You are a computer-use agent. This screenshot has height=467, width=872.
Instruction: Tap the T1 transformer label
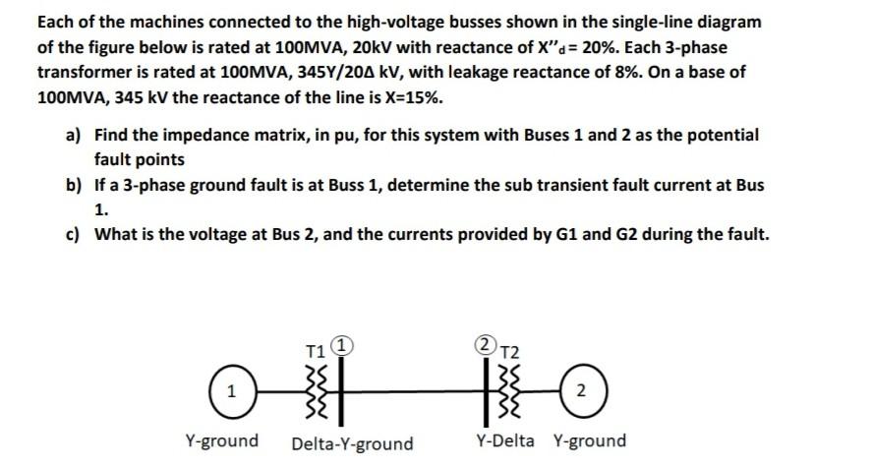tap(315, 348)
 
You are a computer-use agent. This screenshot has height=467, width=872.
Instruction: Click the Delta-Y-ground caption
tap(352, 443)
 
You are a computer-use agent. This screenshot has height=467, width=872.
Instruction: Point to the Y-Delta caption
tap(505, 440)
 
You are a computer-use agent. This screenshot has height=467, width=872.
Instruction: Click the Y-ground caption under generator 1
tap(222, 440)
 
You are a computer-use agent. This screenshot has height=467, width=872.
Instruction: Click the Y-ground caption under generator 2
tap(590, 440)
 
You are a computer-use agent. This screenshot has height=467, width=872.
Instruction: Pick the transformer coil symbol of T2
tap(506, 390)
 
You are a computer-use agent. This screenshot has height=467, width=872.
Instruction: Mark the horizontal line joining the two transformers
tap(413, 390)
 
